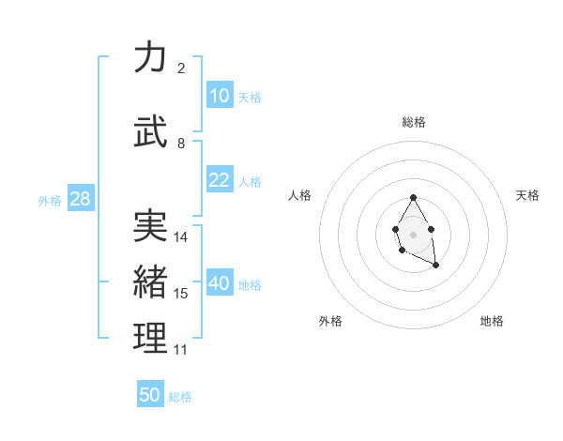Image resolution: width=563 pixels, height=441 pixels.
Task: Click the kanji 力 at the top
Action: pos(150,57)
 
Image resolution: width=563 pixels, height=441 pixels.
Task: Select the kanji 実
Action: pos(150,225)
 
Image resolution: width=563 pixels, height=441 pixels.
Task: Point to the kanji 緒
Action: pos(150,281)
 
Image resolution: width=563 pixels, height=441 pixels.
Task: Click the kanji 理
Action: pos(150,338)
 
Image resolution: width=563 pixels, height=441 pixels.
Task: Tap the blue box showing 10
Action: pos(219,96)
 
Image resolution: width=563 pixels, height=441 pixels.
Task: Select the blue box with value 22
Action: pos(219,181)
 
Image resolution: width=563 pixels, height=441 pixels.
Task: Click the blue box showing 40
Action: pos(219,284)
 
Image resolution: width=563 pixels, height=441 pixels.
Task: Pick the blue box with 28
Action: pos(79,200)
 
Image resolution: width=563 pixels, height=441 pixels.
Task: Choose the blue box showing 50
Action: pos(150,395)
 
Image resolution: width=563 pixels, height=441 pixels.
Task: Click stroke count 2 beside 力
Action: pos(181,68)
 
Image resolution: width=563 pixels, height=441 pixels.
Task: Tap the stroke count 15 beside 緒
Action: pos(181,294)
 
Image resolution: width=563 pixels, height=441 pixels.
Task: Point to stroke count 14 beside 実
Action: pos(181,237)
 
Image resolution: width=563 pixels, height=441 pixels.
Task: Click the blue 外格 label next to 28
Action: pos(50,201)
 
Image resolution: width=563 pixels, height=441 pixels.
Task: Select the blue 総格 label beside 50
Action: pos(180,397)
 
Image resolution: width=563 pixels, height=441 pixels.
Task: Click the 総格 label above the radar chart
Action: pos(414,122)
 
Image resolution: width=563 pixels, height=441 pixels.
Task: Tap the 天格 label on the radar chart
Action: pos(528,195)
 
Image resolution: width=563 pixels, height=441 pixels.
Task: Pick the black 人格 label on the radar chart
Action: pos(300,195)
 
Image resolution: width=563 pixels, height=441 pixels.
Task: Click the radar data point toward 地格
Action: pos(436,266)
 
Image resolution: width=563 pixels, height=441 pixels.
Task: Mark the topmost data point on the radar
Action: pos(414,197)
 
